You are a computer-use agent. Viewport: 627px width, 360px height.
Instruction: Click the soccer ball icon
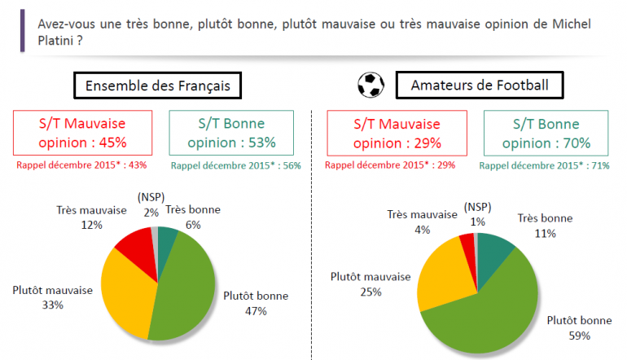point(370,84)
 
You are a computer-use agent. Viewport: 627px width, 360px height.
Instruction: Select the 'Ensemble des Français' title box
point(158,85)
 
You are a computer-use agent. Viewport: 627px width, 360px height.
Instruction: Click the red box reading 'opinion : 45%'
point(80,133)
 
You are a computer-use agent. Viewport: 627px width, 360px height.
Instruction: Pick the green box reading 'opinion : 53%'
point(232,133)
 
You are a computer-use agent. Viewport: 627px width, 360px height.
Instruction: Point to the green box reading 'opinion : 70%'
point(546,133)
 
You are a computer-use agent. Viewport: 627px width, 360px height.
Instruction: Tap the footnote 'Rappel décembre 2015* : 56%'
point(236,165)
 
